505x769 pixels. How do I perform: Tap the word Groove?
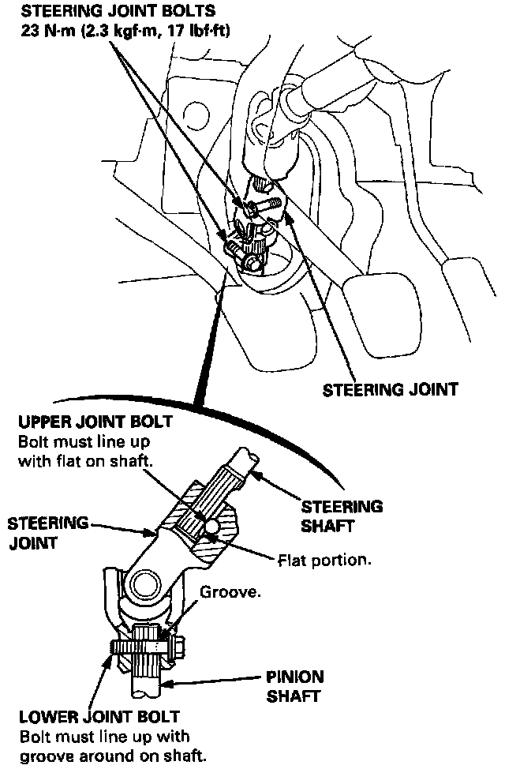tap(230, 592)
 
